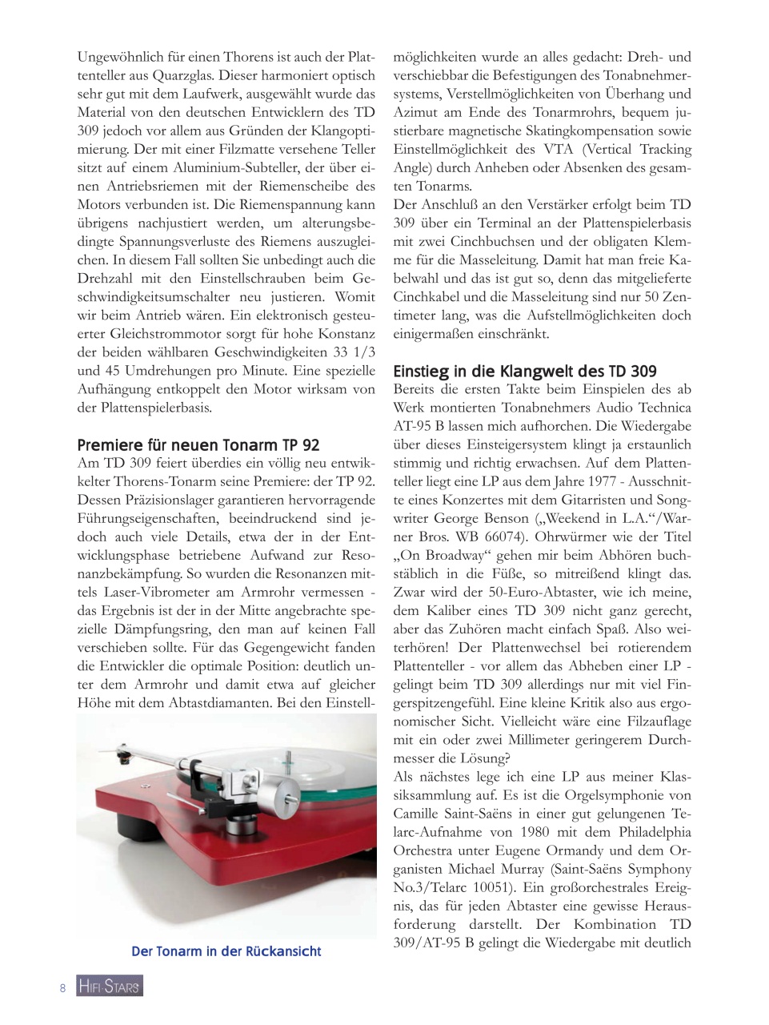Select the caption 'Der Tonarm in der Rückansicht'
coord(226,951)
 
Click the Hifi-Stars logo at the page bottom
coord(110,987)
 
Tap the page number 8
coord(62,987)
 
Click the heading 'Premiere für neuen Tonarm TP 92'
coord(198,445)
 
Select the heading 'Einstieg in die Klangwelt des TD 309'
coord(524,372)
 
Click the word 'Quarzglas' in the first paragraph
coord(182,76)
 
